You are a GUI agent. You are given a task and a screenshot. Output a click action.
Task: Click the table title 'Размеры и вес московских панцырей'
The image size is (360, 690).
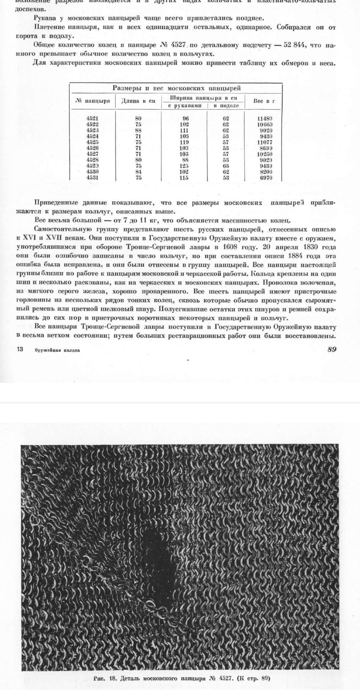(x=176, y=88)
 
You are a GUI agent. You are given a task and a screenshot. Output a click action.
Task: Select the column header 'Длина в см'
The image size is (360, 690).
(x=138, y=101)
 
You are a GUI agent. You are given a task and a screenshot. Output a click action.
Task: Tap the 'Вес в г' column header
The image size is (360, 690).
(x=264, y=101)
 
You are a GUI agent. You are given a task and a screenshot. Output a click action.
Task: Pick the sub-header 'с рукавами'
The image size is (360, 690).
(x=185, y=106)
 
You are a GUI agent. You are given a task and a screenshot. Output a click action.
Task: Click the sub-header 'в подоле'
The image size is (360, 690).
(x=226, y=106)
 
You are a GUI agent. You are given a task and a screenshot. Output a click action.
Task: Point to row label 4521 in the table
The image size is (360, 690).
(x=92, y=118)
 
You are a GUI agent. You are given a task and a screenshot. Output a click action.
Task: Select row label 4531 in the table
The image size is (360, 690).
(x=92, y=178)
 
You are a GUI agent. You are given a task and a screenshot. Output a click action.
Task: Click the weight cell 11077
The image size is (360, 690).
(x=264, y=142)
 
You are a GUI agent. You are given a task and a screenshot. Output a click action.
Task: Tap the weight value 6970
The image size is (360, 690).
(x=266, y=178)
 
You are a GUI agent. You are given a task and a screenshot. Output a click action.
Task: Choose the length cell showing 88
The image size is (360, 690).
(x=138, y=130)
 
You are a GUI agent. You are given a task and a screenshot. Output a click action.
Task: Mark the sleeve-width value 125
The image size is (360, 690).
(x=184, y=166)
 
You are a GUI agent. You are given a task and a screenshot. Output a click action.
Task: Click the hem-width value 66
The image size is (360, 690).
(x=226, y=166)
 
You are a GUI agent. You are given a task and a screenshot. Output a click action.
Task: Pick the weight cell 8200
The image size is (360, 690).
(x=266, y=172)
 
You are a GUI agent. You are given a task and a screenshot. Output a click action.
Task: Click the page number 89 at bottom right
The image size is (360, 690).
(x=332, y=349)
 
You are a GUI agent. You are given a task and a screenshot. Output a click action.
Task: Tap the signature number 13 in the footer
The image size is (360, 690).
(x=20, y=349)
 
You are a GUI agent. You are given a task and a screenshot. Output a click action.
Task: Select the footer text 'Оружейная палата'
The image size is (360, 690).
(x=57, y=350)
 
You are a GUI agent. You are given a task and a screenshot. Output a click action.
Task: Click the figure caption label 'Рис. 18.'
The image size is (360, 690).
(x=105, y=678)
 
